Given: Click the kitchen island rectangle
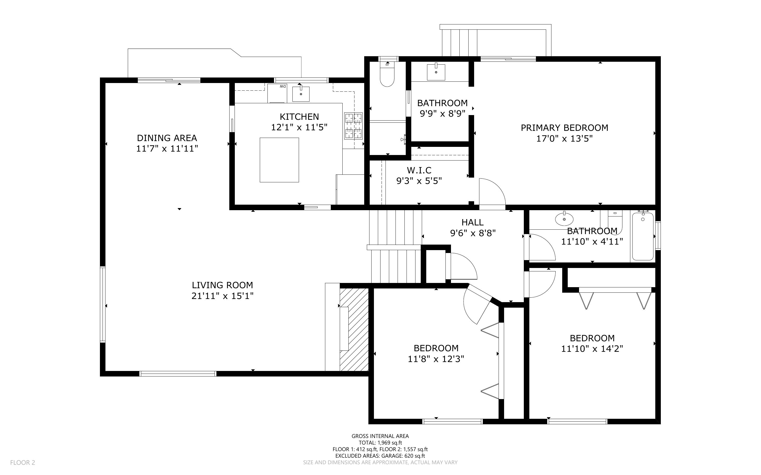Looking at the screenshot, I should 279,160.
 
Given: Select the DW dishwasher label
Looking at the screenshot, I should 283,86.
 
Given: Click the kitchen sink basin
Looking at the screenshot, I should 301,94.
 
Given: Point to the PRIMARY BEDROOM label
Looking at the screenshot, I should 564,128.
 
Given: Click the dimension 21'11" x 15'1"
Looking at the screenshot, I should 222,296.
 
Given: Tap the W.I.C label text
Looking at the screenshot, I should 419,170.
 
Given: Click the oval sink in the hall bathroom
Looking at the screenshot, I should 564,219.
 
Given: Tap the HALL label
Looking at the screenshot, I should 473,223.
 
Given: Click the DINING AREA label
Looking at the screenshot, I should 167,138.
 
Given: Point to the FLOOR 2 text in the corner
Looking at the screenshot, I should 23,462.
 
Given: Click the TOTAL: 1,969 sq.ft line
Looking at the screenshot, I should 380,443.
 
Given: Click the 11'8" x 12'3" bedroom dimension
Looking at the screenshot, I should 436,359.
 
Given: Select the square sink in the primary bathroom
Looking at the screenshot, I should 436,72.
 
